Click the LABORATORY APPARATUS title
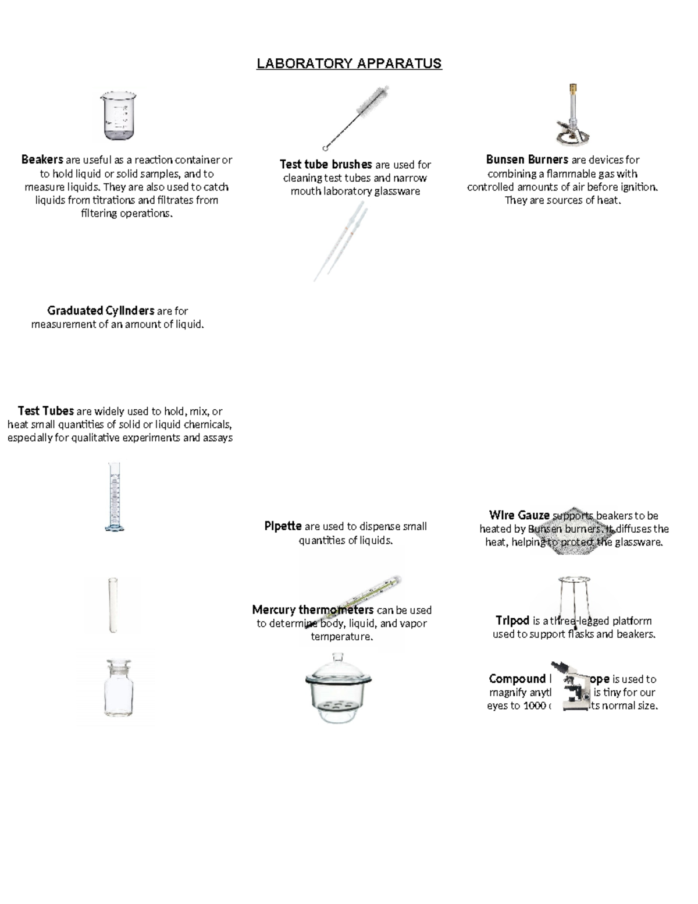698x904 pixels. (x=349, y=63)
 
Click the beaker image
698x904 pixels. (x=118, y=116)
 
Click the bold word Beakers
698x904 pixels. (x=42, y=159)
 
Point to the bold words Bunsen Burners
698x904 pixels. (x=527, y=159)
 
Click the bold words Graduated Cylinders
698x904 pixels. (x=101, y=310)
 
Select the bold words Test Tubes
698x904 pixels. (x=45, y=411)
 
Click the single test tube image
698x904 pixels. (x=113, y=605)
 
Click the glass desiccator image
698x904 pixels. (x=338, y=688)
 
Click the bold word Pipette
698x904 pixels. (x=283, y=526)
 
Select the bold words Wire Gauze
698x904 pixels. (x=519, y=515)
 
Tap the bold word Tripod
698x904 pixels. (x=512, y=621)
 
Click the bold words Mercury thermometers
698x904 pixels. (x=312, y=609)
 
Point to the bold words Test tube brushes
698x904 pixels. (x=326, y=164)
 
